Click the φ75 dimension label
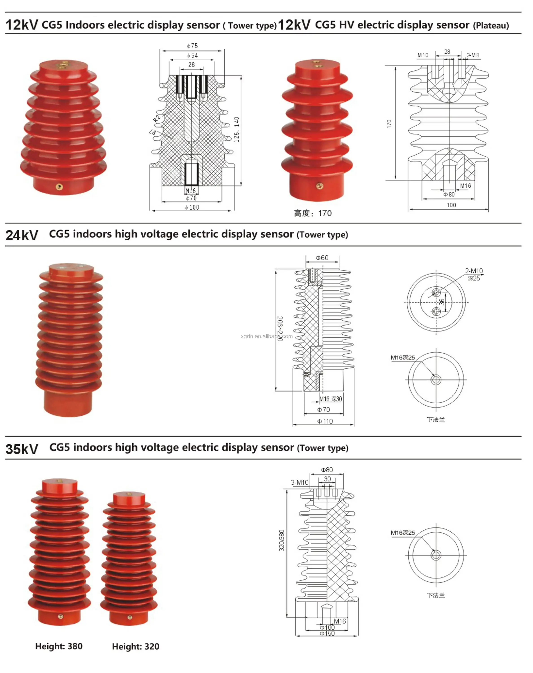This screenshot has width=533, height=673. click(192, 46)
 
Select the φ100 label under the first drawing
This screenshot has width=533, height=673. click(192, 207)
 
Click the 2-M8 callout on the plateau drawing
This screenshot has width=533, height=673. click(473, 55)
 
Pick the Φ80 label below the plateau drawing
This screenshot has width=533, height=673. click(449, 194)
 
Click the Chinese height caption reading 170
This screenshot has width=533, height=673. click(313, 213)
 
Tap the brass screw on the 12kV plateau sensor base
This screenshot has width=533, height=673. click(320, 186)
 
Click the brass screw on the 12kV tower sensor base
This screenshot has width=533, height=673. click(59, 187)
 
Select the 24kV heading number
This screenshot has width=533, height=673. click(22, 235)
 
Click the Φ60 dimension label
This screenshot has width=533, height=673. click(322, 258)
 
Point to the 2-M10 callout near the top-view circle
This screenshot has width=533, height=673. click(474, 271)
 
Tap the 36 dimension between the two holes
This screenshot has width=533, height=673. click(442, 302)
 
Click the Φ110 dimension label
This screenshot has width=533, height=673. click(325, 421)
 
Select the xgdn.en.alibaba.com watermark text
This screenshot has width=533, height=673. click(267, 336)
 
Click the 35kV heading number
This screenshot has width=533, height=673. click(22, 449)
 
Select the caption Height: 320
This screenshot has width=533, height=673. click(135, 647)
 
